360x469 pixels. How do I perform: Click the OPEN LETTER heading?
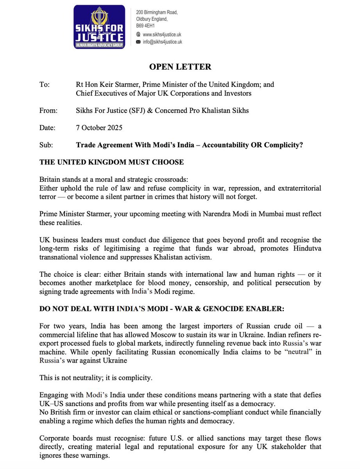coord(180,67)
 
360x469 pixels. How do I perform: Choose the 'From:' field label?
coord(48,111)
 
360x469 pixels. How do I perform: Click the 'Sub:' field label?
coord(46,145)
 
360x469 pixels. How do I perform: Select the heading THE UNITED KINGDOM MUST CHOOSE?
coord(112,162)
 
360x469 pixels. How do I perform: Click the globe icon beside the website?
coord(138,34)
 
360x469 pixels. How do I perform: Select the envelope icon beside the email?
coord(138,42)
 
